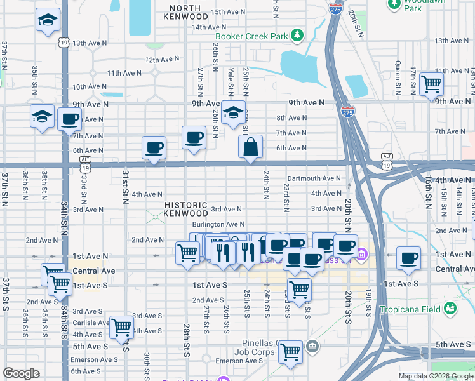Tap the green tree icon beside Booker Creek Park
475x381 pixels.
point(297,36)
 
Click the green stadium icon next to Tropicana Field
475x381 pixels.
point(450,309)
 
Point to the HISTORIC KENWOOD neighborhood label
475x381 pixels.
point(186,210)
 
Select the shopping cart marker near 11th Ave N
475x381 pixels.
point(431,83)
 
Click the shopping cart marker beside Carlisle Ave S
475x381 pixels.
point(121,327)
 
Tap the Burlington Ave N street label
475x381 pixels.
point(218,224)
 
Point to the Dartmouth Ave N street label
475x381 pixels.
point(314,178)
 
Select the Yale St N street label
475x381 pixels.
point(231,81)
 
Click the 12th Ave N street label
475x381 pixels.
point(162,60)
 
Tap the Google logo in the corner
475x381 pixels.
point(21,373)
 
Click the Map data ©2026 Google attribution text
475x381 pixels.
point(436,376)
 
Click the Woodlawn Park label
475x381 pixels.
point(413,6)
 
